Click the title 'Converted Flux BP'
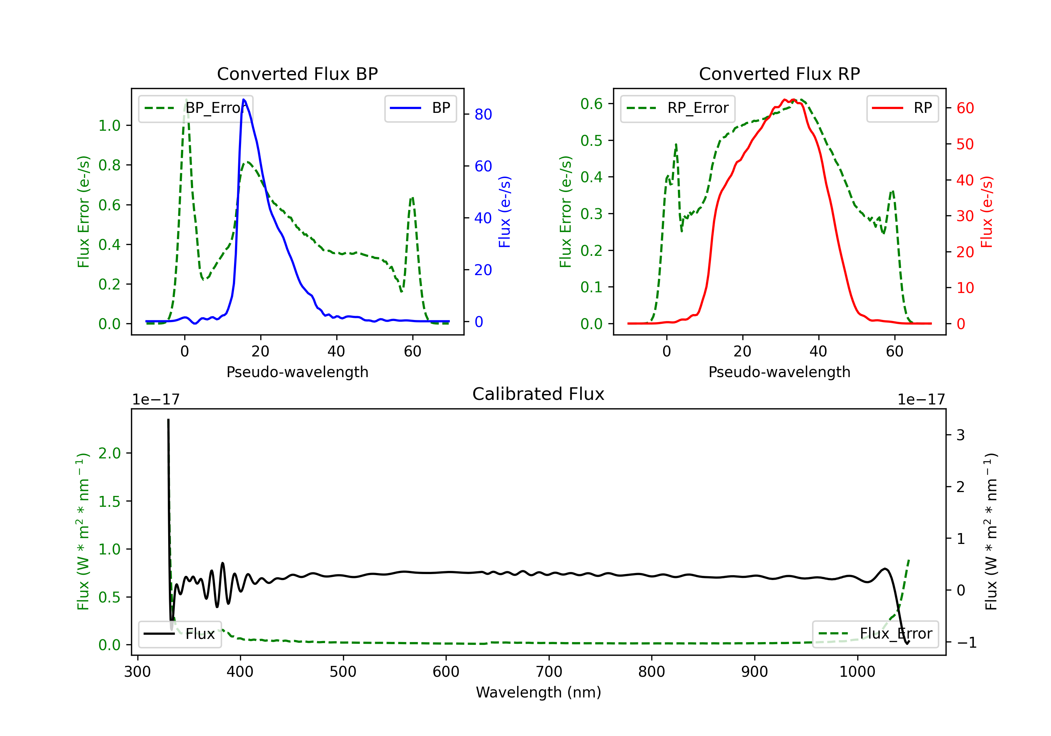pyautogui.click(x=297, y=74)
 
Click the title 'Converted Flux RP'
pyautogui.click(x=779, y=74)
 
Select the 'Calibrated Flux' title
pyautogui.click(x=538, y=394)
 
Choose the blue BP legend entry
pyautogui.click(x=420, y=108)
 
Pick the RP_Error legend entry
pyautogui.click(x=678, y=108)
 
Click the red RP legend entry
pyautogui.click(x=902, y=108)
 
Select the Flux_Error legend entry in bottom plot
pyautogui.click(x=875, y=634)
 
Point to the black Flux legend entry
pyautogui.click(x=179, y=634)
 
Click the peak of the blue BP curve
pyautogui.click(x=243, y=100)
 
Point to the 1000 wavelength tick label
pyautogui.click(x=857, y=672)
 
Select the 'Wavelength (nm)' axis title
pyautogui.click(x=538, y=692)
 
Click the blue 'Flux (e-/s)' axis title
pyautogui.click(x=504, y=212)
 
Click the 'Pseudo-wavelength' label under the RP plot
pyautogui.click(x=779, y=372)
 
